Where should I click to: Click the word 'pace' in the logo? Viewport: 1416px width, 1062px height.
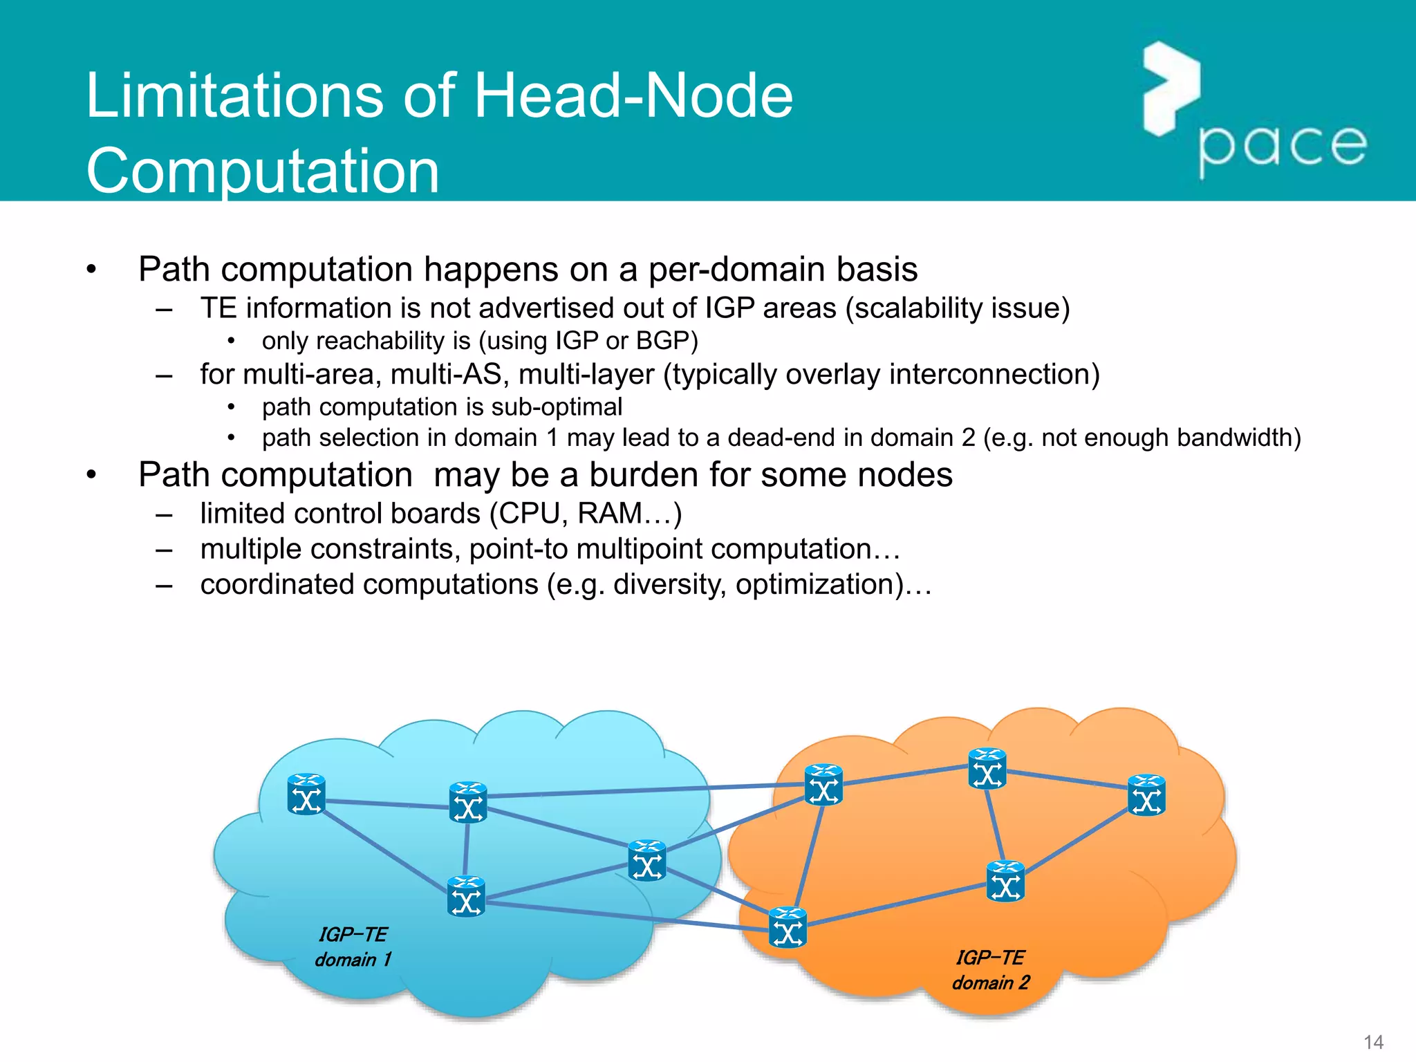[x=1283, y=147]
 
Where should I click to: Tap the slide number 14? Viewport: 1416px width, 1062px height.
[x=1373, y=1042]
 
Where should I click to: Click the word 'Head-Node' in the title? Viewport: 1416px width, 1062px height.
[x=633, y=96]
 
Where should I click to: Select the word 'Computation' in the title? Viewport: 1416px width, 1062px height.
[x=263, y=171]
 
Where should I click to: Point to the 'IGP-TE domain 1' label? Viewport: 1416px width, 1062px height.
[x=353, y=947]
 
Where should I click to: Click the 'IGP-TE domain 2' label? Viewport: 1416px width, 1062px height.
[x=991, y=970]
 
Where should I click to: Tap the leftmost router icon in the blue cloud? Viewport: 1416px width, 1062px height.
[x=306, y=794]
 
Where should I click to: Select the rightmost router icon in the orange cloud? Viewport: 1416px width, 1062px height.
[x=1146, y=795]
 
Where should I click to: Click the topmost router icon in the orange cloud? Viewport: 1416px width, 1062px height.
[x=987, y=769]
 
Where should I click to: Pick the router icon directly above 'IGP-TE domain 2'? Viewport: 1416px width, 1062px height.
[x=1005, y=881]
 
